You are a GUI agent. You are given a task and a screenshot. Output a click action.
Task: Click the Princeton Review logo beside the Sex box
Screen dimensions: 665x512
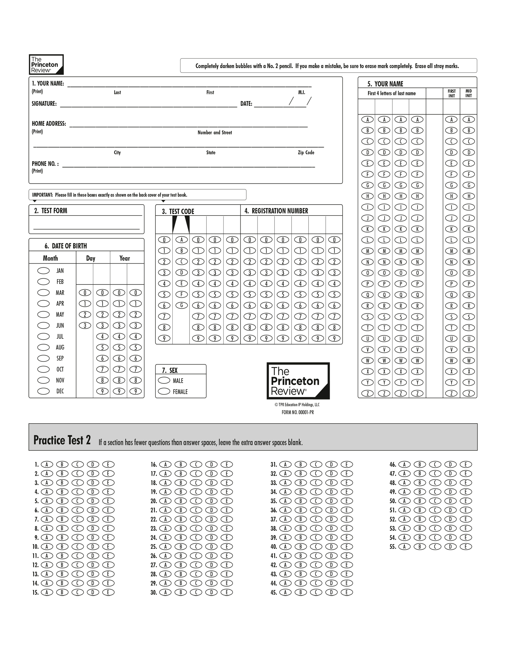pos(298,381)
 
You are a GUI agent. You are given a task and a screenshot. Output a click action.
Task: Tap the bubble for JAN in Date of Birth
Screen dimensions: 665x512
pos(43,270)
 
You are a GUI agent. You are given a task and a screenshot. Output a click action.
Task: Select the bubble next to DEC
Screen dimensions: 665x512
pos(43,391)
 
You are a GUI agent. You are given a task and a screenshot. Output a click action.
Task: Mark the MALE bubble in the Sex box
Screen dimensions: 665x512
pos(164,380)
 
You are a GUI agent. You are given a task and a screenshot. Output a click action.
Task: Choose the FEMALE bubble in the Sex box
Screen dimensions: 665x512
pos(164,391)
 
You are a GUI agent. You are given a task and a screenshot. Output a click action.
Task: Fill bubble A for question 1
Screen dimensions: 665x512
pos(47,464)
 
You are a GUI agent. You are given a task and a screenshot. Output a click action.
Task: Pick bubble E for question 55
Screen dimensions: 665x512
pos(465,547)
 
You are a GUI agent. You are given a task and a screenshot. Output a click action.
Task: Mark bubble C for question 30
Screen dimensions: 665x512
pos(196,592)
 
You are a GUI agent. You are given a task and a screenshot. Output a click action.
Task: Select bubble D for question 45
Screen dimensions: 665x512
pos(331,592)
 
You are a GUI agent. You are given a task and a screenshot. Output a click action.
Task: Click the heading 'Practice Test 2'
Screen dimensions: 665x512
pos(62,440)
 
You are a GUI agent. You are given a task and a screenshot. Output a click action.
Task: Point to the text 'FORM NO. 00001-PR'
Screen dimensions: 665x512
pos(298,412)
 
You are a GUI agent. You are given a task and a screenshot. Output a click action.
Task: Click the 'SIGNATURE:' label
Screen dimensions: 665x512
pos(44,104)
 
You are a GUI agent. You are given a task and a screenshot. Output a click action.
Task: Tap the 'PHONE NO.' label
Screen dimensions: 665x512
pos(45,164)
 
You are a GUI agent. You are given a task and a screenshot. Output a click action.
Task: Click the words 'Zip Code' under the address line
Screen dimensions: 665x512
pos(306,152)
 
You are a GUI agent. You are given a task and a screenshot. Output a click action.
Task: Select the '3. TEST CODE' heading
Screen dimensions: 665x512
pos(178,211)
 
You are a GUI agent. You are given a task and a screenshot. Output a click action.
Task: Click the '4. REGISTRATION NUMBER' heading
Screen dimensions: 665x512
pos(276,211)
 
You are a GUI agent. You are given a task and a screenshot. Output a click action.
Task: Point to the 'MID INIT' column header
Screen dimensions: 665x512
pos(468,93)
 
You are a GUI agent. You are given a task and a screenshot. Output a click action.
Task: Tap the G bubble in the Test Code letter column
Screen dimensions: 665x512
pos(181,305)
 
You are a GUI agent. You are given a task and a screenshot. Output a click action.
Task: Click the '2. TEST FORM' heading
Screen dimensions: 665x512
pos(51,211)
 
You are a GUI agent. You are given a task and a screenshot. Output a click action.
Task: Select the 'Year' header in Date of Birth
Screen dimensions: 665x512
pos(124,258)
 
